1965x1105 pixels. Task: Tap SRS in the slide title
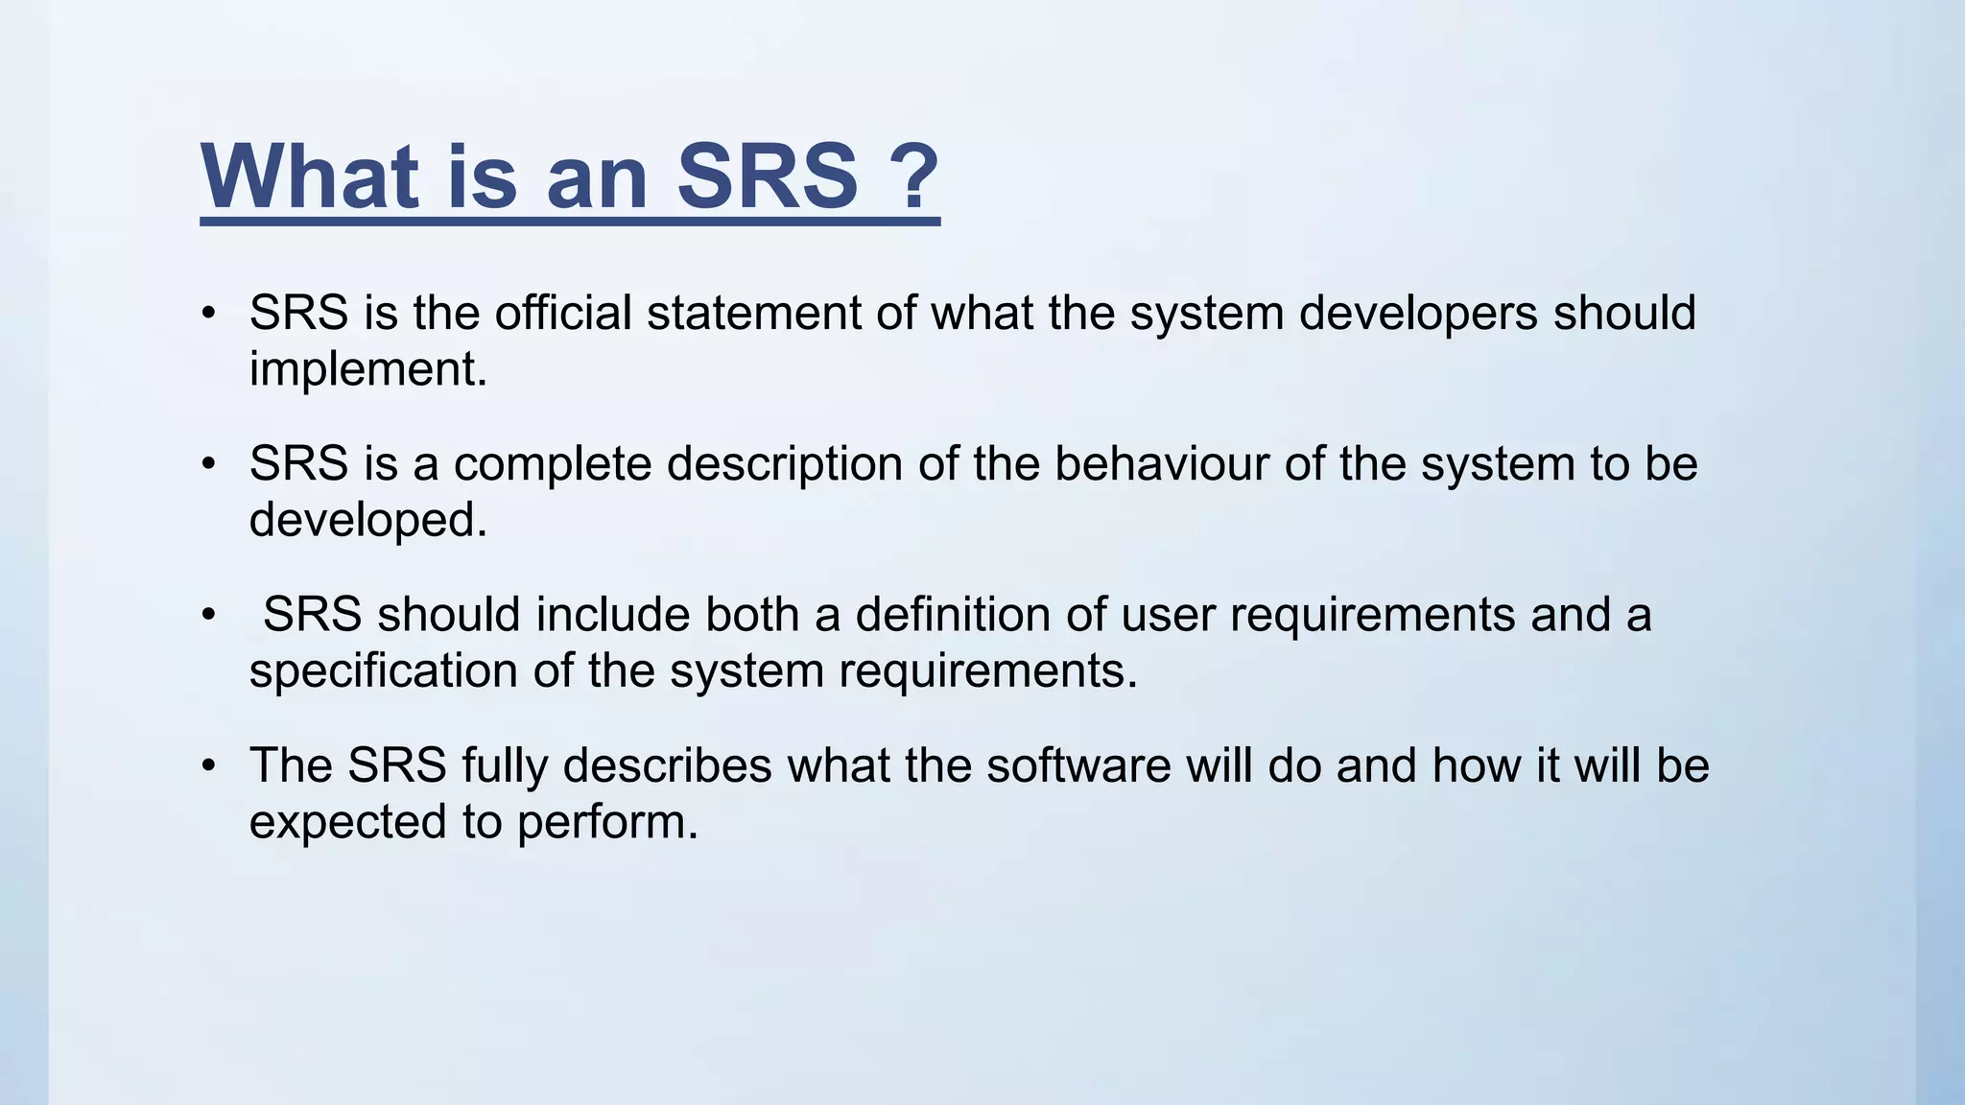click(x=768, y=176)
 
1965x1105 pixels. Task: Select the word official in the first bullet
click(x=562, y=314)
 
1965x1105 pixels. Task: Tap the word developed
click(x=367, y=521)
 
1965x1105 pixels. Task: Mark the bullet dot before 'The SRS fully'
click(x=209, y=767)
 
